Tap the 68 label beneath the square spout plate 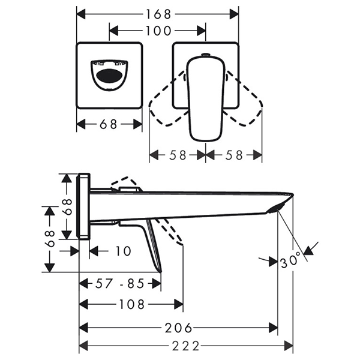click(109, 124)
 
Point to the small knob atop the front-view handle click(206, 56)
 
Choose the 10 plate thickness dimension click(122, 251)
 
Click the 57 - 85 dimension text click(120, 283)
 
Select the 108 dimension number click(132, 304)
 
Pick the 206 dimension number click(179, 328)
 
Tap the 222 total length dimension click(186, 346)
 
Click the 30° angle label click(290, 262)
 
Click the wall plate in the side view click(84, 206)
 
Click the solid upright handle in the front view click(206, 99)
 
